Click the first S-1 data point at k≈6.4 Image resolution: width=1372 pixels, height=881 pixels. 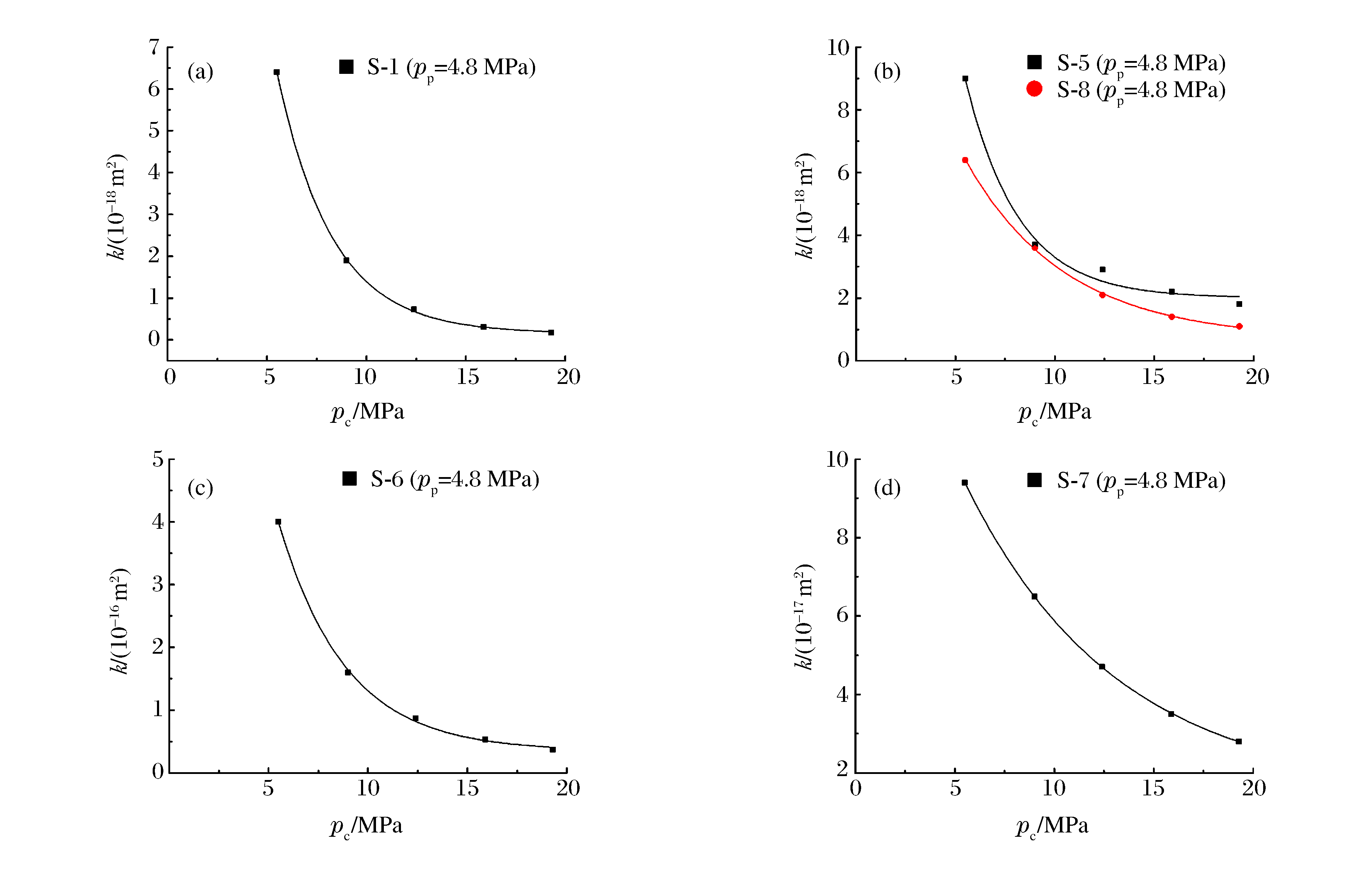(276, 72)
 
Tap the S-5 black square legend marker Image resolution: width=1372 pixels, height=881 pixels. (1034, 62)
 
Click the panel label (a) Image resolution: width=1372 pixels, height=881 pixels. (200, 72)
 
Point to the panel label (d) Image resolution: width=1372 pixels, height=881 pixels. (887, 488)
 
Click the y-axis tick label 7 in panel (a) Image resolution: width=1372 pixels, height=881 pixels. (154, 47)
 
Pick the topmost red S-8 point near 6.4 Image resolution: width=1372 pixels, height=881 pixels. (965, 160)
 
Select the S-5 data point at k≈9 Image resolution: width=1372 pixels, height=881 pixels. (965, 79)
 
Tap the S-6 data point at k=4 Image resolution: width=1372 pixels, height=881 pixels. (278, 522)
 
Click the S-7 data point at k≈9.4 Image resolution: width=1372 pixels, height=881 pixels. (964, 483)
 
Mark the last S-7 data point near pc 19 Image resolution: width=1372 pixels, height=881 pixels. (1239, 741)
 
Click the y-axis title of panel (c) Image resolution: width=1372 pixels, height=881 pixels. (119, 621)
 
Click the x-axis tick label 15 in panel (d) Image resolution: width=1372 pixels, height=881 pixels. (1153, 788)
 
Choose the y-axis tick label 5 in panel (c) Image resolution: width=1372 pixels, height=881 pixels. (158, 459)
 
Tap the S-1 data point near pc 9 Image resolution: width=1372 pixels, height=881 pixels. (346, 260)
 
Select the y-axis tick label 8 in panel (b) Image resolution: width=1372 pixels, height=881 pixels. (843, 110)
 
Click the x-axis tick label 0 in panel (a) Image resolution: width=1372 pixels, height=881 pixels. (170, 377)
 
